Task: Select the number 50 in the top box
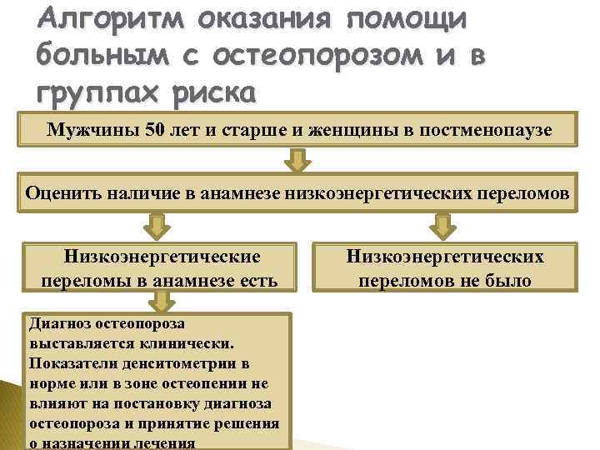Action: coord(157,130)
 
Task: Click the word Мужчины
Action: coord(94,130)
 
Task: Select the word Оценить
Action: coord(63,193)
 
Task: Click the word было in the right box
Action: coord(507,281)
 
